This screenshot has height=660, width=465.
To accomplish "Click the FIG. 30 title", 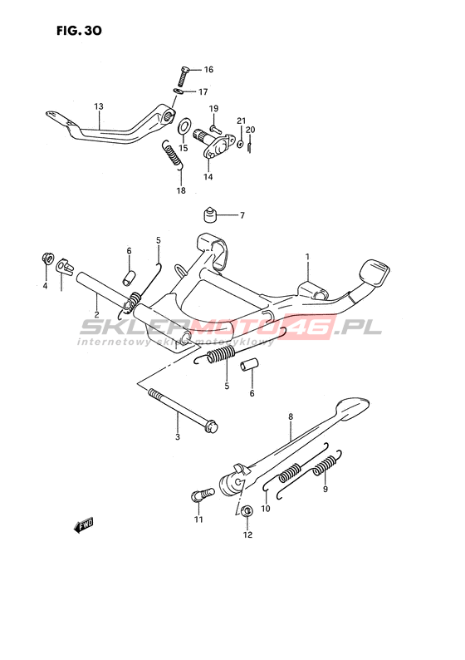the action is (79, 30).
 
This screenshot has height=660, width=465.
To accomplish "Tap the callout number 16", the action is (208, 70).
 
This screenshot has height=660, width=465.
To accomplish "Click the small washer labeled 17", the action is (179, 91).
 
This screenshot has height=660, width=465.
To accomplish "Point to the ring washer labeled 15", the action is (184, 126).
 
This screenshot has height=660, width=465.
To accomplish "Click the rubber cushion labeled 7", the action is (210, 214).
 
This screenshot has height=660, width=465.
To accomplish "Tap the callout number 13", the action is (98, 106).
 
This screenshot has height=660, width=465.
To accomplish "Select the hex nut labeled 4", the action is (46, 258).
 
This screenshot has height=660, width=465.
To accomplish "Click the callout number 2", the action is (96, 314).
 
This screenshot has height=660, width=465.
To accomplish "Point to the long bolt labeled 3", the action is (183, 411).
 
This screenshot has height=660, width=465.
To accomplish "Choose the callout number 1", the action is (307, 256).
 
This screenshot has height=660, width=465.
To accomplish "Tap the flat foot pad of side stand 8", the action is (352, 407).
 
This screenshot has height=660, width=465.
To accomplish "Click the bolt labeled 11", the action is (203, 494).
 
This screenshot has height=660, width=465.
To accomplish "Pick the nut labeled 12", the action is (247, 511).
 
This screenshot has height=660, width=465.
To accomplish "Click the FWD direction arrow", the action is (83, 525).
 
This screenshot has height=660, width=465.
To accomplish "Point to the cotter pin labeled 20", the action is (250, 145).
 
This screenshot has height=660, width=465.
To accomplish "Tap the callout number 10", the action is (265, 509).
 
